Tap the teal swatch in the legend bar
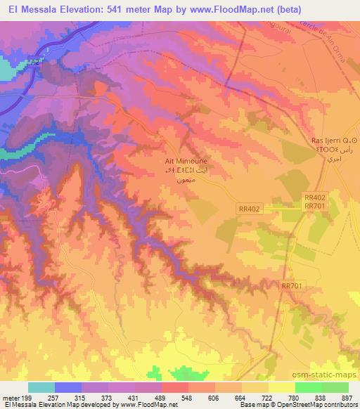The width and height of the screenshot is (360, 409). coord(41,387)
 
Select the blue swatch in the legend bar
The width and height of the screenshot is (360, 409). coord(68,387)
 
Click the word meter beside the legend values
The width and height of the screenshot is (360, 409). coord(11,398)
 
